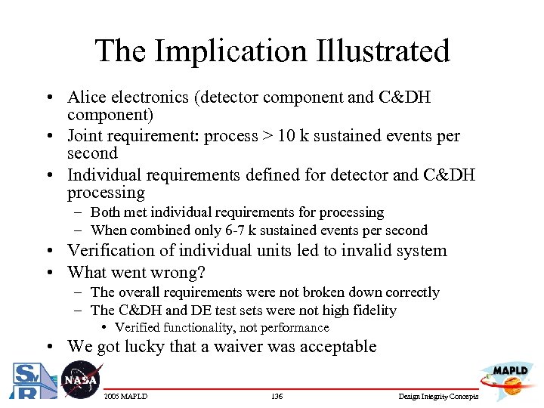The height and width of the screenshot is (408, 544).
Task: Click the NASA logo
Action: tap(79, 379)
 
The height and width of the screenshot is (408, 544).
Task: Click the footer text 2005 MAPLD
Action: tap(125, 397)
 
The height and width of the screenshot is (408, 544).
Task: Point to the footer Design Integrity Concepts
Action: tap(438, 397)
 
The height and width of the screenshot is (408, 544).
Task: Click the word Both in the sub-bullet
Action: tap(105, 213)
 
